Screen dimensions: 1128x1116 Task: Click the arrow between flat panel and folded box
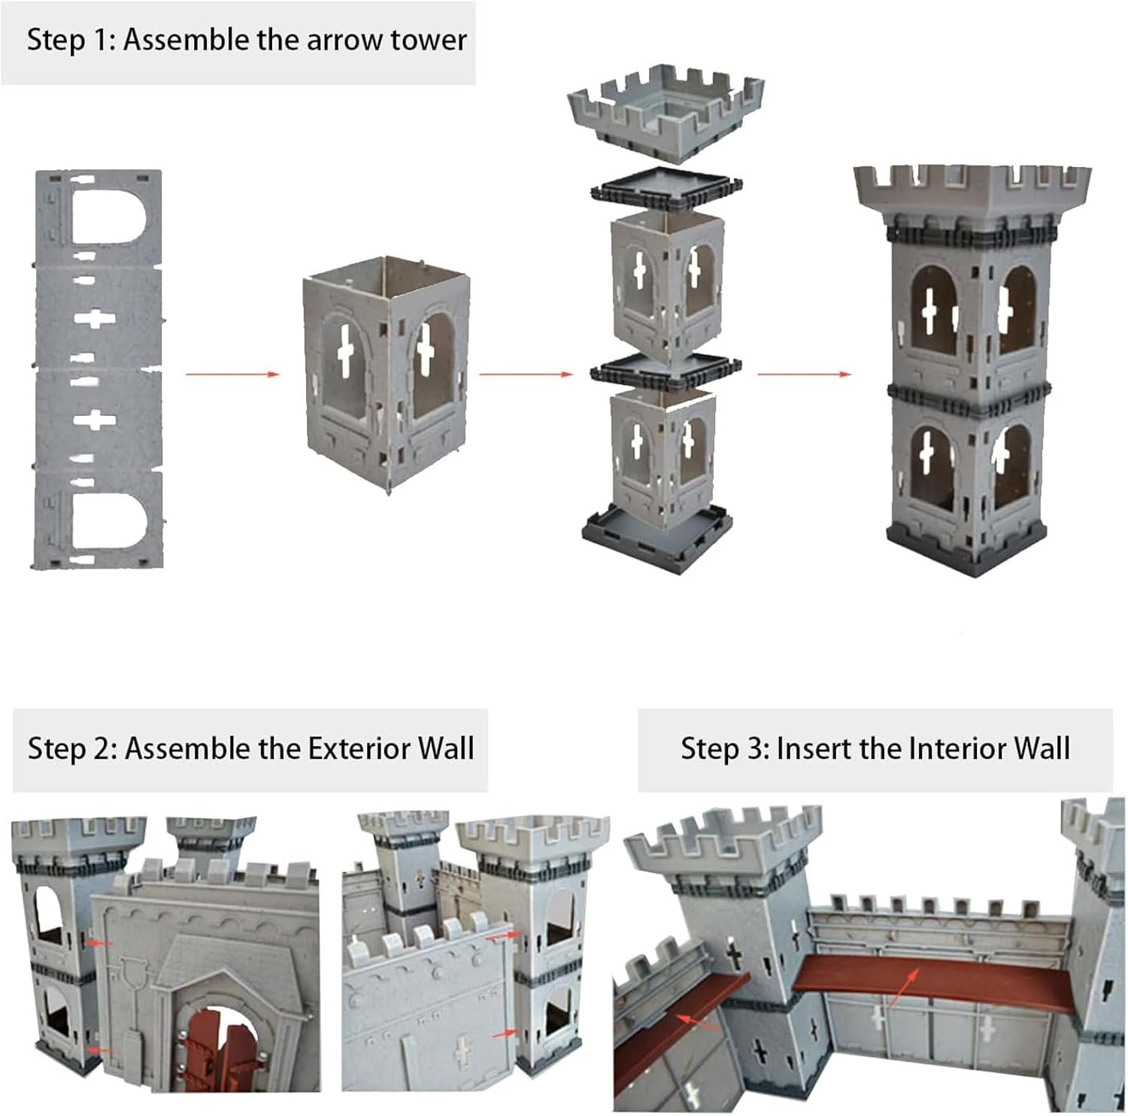232,373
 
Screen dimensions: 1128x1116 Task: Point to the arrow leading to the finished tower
804,374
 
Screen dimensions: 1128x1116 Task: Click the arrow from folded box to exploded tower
526,374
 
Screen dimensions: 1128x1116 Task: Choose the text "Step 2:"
72,749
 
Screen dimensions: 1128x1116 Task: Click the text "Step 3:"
725,749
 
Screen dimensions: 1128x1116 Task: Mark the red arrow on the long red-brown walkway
905,987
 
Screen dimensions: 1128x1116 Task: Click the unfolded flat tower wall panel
98,368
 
